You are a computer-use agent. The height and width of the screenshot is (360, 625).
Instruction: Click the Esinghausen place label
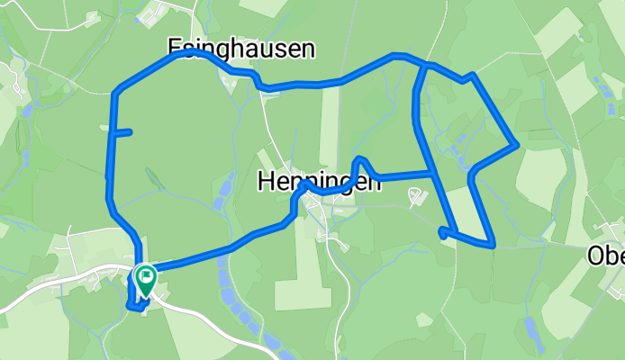(241, 48)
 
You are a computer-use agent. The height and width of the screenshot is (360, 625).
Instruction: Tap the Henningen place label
(318, 182)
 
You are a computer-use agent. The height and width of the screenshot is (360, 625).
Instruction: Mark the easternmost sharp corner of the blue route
(514, 144)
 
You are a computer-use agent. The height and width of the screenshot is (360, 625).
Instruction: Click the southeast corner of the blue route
(492, 244)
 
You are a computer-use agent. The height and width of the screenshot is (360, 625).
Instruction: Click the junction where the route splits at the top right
(424, 66)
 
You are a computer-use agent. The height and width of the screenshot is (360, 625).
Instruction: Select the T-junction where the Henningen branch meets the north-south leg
(434, 171)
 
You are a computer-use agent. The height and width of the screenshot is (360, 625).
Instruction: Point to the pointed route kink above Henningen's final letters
(360, 160)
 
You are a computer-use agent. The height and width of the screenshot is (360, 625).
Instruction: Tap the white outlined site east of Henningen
(415, 195)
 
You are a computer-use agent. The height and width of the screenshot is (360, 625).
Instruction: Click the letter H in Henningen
(266, 182)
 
